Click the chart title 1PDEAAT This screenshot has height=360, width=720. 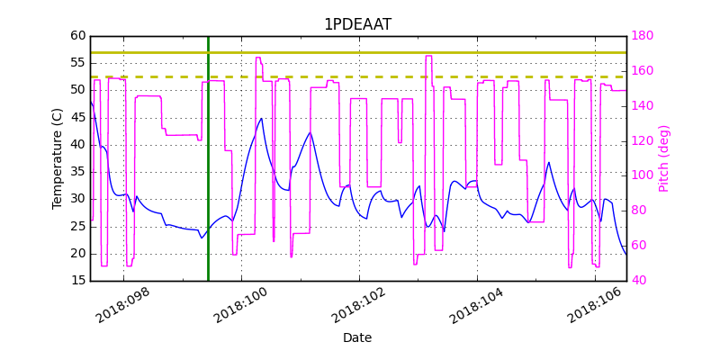coord(357,24)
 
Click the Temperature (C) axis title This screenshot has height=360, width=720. coord(58,158)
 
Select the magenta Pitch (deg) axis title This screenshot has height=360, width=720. coord(664,158)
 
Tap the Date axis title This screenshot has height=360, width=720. coord(357,337)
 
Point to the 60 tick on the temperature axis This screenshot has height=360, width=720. coord(78,36)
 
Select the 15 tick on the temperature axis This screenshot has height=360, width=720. coord(78,281)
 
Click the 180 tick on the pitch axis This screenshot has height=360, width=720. coord(643,36)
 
